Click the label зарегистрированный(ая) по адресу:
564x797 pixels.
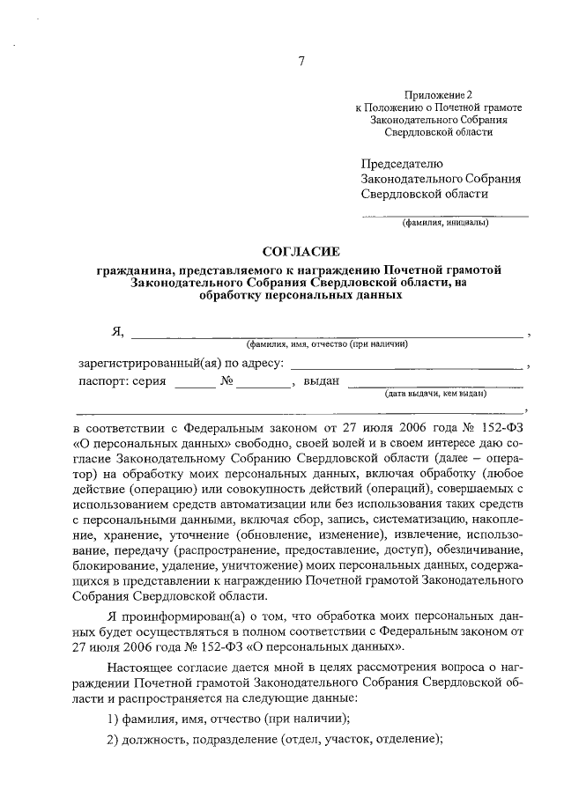tap(182, 363)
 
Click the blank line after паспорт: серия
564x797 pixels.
tap(194, 386)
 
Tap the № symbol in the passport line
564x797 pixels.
tap(226, 382)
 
